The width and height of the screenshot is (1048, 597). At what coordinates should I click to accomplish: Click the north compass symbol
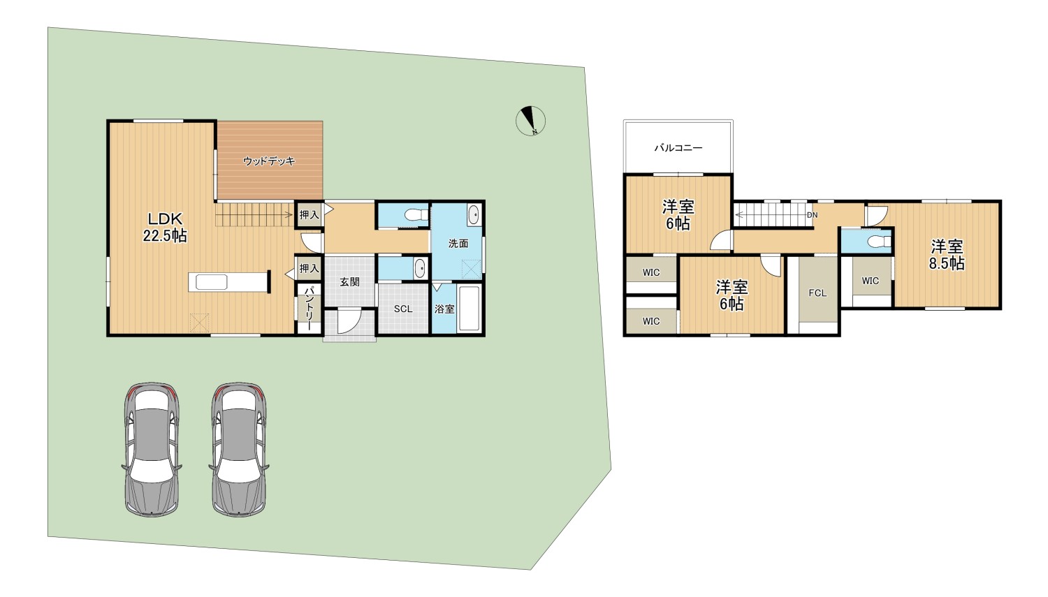tap(530, 121)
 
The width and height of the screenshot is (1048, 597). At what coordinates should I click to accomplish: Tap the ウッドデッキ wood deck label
tap(269, 161)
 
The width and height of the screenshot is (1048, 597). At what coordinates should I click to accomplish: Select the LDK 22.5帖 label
tap(165, 227)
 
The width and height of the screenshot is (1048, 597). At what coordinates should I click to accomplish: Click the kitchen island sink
tap(212, 282)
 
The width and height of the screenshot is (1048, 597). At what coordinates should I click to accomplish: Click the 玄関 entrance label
tap(349, 282)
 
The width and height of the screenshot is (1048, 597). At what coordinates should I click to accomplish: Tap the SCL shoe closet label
tap(403, 309)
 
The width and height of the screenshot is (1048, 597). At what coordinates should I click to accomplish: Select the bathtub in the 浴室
tap(470, 308)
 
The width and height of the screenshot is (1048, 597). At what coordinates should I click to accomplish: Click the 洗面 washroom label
tap(458, 244)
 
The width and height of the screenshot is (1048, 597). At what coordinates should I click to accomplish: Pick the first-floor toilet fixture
tap(416, 215)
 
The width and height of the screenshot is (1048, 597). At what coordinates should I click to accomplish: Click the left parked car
tap(152, 450)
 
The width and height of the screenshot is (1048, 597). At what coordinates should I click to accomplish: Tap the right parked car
tap(239, 450)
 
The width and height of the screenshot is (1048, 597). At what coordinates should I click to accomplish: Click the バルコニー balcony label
tap(678, 148)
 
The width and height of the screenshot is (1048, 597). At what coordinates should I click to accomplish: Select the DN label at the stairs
tap(812, 215)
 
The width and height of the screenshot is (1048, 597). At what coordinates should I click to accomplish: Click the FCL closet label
tap(817, 293)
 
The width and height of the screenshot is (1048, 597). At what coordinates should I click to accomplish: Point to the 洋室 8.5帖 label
tap(947, 255)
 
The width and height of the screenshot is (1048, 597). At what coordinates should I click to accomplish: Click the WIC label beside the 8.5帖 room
tap(871, 281)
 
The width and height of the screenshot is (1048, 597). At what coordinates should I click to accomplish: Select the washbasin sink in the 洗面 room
tap(474, 214)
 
